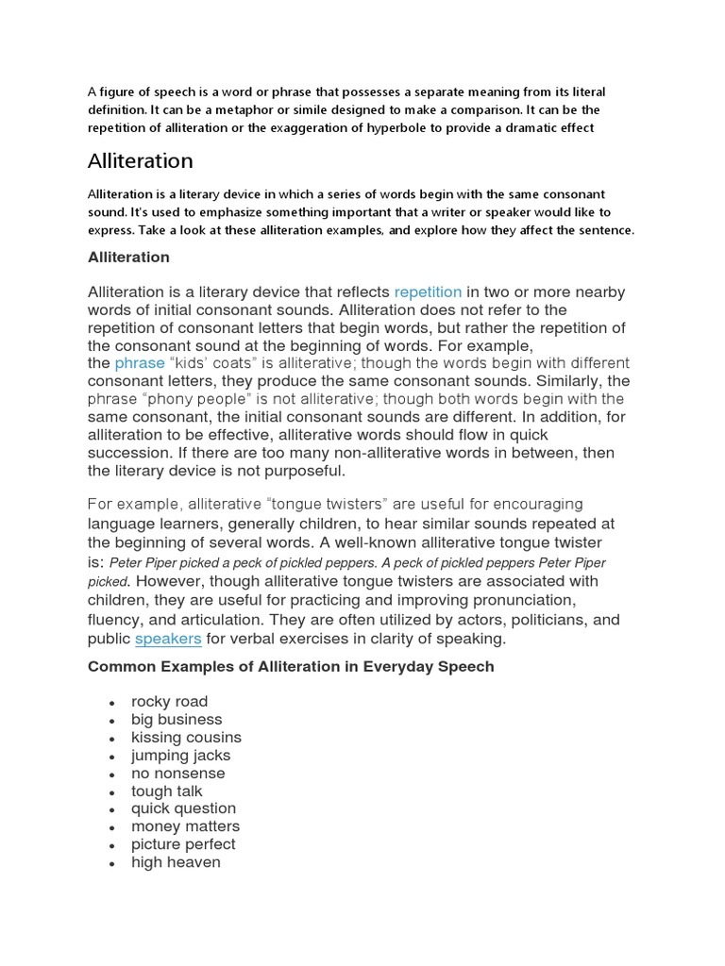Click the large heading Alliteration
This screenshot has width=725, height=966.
coord(141,160)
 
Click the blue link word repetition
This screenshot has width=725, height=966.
coord(428,292)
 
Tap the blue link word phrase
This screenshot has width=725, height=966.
coord(140,363)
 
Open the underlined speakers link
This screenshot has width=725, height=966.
coord(168,639)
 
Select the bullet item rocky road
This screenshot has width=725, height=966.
coord(170,702)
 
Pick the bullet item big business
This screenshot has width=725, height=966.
coord(177,720)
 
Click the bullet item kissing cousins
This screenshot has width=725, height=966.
coord(186,738)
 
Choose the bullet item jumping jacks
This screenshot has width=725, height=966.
coord(180,756)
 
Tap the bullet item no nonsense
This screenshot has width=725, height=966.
coord(178,774)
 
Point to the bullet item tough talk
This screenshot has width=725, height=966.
coord(167,791)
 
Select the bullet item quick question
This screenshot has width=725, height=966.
coord(183,808)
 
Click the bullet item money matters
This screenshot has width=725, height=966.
coord(185,826)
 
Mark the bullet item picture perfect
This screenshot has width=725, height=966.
coord(183,844)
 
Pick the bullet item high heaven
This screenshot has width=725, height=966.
coord(176,862)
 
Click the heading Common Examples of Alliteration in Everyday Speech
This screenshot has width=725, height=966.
coord(291,667)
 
